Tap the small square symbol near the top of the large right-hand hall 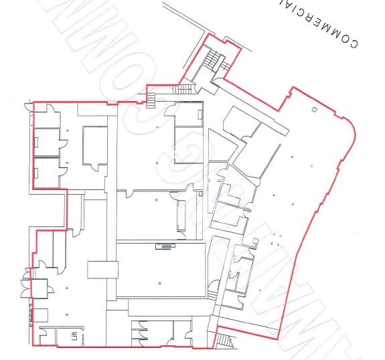pos(313,108)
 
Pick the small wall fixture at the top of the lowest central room pos(161,247)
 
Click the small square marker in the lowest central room pos(159,283)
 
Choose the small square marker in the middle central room pos(157,199)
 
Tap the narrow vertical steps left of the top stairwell pos(151,100)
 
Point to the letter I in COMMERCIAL pos(299,9)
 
